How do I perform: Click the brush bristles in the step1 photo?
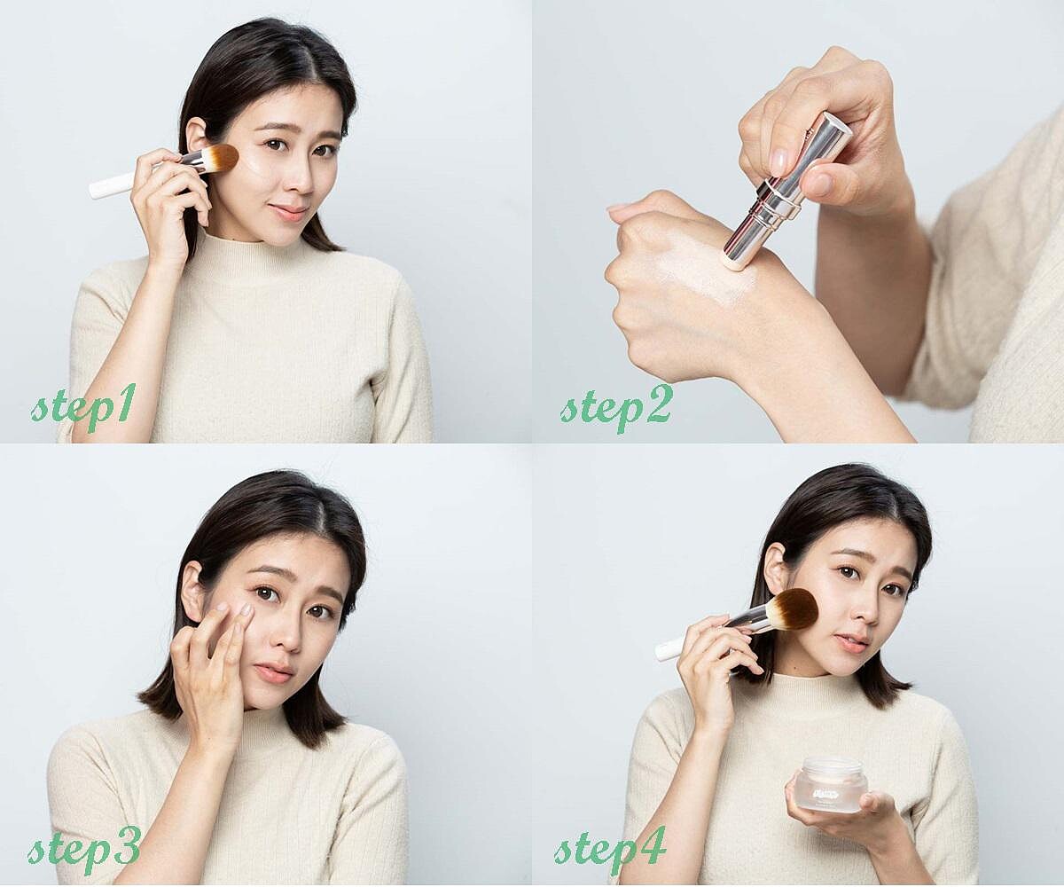coord(221,158)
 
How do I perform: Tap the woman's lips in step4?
coord(851,643)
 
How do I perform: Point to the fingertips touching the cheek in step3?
coord(234,608)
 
